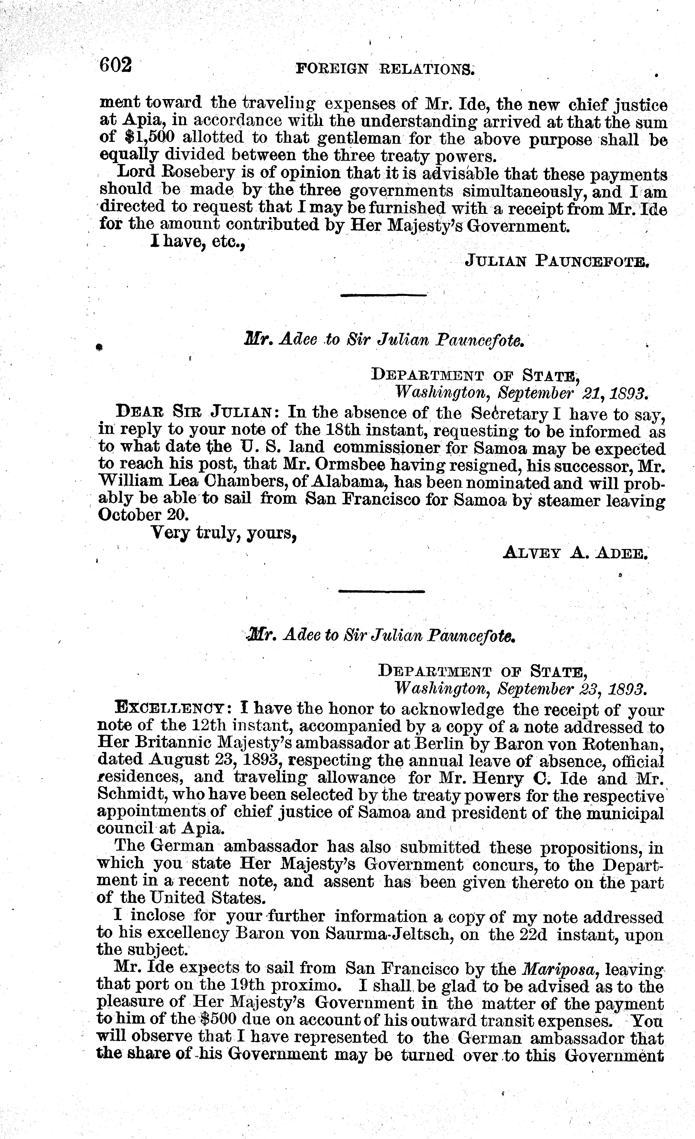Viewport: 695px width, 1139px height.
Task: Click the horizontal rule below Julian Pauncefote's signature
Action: [383, 294]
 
